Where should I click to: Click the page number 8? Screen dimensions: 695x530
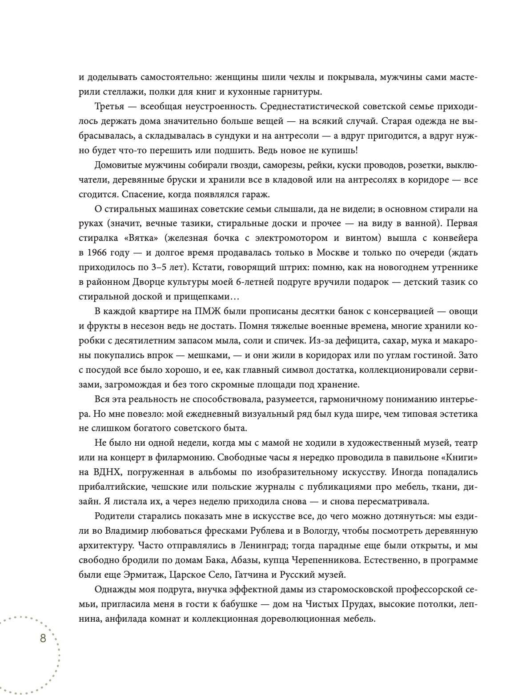pos(43,639)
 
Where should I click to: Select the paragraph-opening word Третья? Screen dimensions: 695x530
pos(109,107)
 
